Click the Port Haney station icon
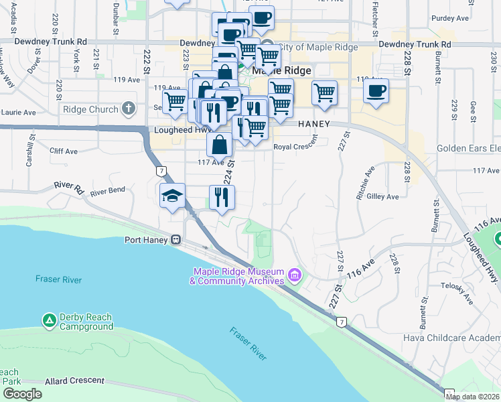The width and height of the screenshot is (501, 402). pos(175,239)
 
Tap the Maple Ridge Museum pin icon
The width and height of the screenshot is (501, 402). pos(293,275)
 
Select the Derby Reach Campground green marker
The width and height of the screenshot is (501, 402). pos(49,321)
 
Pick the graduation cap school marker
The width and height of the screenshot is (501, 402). pos(172,196)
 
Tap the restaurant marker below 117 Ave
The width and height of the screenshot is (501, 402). pos(222,196)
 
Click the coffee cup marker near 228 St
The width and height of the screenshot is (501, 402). pos(376,90)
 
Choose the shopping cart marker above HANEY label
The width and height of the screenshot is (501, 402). pos(324,92)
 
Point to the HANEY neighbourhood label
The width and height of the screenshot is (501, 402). pos(315,124)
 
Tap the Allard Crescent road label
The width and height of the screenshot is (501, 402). pos(74,381)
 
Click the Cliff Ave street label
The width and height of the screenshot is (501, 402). pos(64,151)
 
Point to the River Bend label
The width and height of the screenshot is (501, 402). pos(107,191)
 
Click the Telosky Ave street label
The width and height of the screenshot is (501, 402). pos(457,293)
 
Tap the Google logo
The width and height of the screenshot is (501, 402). pos(22,394)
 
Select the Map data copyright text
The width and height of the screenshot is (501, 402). pos(471,397)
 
